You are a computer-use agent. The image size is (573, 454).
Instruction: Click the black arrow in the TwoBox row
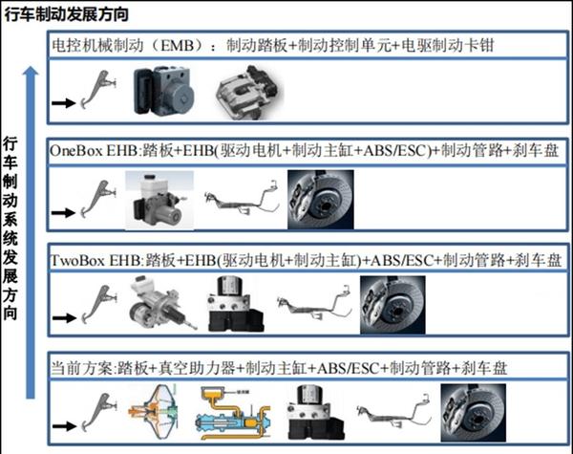[x=65, y=315]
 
